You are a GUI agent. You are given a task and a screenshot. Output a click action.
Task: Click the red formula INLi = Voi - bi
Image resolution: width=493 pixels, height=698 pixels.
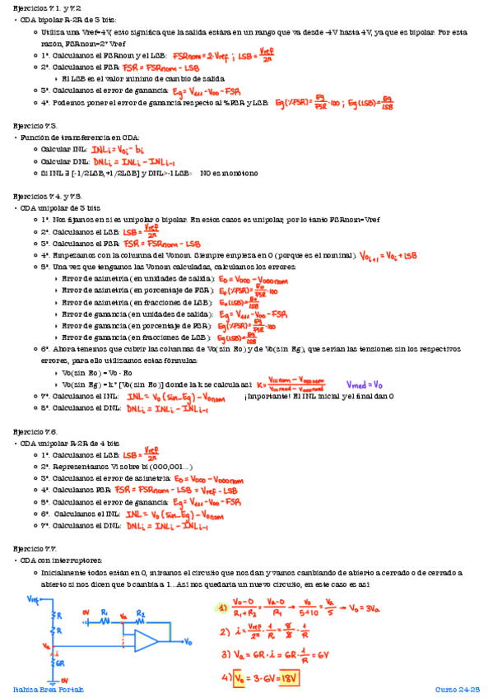118,149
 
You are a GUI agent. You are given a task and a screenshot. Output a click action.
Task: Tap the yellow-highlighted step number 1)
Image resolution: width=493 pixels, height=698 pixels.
222,608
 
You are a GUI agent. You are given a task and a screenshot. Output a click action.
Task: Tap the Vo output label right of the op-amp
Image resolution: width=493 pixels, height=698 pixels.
189,641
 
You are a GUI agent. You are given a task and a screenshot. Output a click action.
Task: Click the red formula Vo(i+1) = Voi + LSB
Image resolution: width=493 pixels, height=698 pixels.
389,256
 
